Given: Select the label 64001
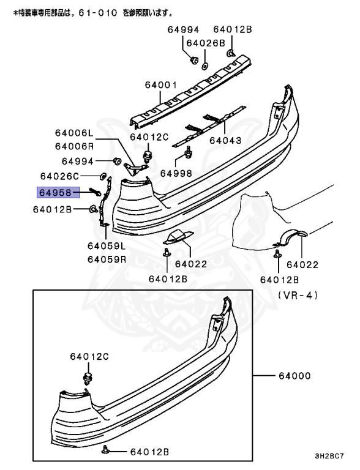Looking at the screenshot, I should [x=161, y=86].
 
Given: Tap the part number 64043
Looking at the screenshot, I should [x=225, y=140].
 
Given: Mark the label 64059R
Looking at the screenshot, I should [x=106, y=259].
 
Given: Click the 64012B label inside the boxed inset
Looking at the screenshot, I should [x=149, y=452].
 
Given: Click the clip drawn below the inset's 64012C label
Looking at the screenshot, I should [x=88, y=376].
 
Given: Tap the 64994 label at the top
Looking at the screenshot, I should [x=183, y=29].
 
